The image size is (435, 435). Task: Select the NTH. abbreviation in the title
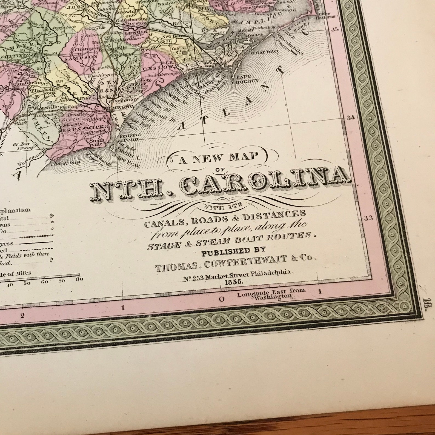coord(129,191)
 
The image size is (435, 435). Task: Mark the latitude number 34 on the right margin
coord(351,118)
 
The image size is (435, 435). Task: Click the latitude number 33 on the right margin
coord(368,218)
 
